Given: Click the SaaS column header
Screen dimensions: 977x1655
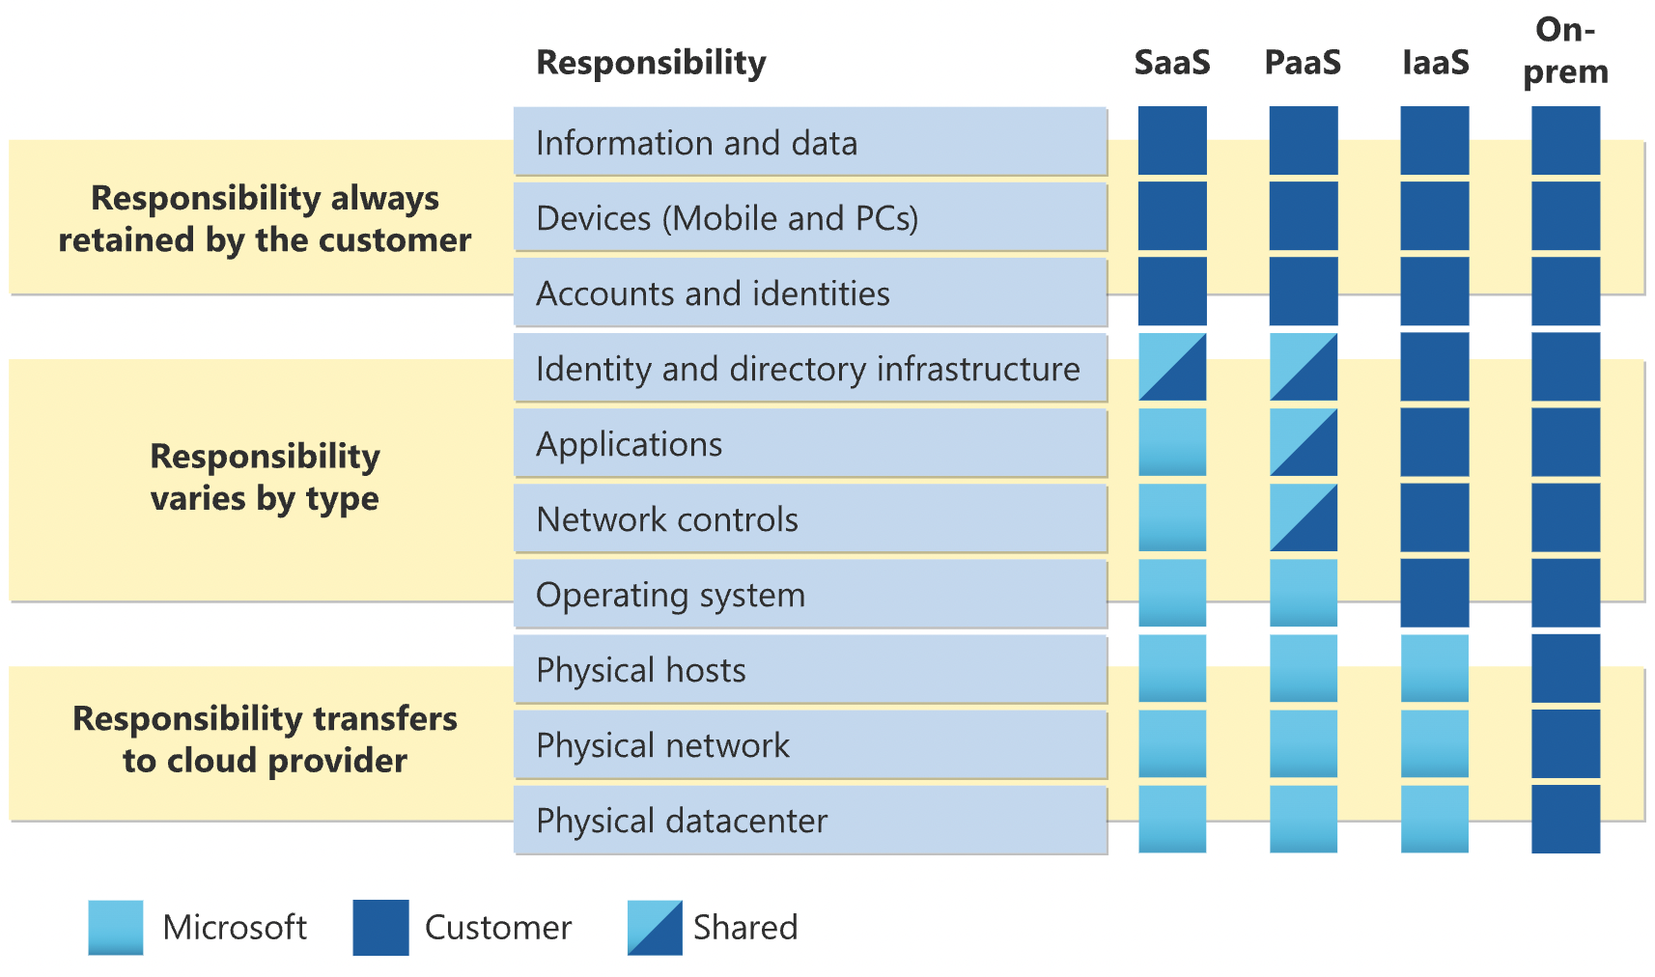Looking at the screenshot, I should point(1171,63).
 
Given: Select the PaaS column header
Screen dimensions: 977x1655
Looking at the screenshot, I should point(1303,63).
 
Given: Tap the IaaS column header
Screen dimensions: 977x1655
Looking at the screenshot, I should point(1435,63).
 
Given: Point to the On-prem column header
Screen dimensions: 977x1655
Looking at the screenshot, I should point(1565,50).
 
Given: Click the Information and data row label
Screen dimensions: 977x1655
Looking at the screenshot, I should point(696,143).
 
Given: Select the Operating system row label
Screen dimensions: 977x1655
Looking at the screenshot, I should point(670,595).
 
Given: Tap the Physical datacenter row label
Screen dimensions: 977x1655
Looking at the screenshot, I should point(682,821).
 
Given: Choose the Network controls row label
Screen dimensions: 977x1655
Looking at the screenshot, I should point(667,519).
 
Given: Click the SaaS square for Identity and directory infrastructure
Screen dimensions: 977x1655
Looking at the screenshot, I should point(1172,367).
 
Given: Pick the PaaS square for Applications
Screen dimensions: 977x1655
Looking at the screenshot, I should point(1304,442).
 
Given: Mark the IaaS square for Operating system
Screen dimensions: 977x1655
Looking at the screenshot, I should point(1435,593).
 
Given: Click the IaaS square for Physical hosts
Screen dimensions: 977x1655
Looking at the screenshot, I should point(1435,668).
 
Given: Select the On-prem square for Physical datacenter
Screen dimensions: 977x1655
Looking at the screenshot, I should point(1565,819).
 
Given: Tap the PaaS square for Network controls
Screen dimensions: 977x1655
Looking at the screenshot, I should point(1304,517).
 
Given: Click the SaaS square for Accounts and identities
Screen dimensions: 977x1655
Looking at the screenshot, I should point(1172,292).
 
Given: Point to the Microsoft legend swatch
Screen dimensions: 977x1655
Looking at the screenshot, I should point(116,927).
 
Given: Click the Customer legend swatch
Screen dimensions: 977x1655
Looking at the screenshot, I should point(380,927).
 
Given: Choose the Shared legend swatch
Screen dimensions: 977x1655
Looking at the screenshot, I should point(655,927).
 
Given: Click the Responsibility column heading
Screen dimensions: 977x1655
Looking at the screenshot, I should point(651,63).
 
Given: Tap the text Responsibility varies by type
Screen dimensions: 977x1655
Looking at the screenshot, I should point(265,477).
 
